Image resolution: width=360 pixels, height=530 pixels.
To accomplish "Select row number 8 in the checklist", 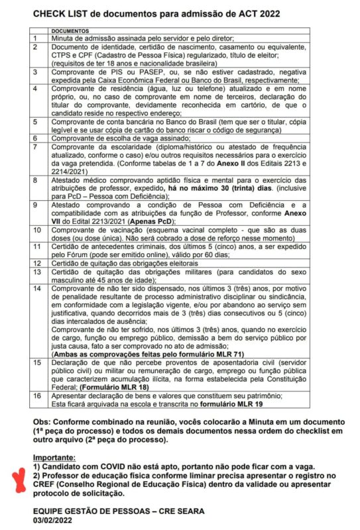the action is coord(35,180).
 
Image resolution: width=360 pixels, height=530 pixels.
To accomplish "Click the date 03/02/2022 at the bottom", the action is coord(59,521).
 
